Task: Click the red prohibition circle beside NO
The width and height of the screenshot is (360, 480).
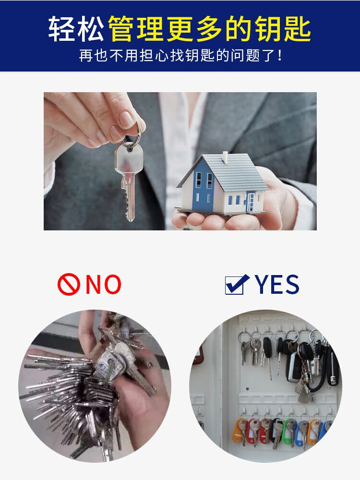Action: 69,284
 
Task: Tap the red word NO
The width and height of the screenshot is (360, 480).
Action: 103,284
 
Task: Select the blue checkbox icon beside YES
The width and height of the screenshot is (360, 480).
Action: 237,284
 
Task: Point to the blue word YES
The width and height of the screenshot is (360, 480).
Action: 277,284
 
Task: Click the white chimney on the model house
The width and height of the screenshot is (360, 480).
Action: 225,157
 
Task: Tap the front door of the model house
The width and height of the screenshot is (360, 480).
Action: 251,202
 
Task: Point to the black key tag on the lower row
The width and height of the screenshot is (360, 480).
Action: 277,431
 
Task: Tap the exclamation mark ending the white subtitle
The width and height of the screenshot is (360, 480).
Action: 280,55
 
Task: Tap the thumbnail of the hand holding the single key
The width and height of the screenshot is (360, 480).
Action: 180,161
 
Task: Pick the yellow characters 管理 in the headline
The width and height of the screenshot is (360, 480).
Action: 136,29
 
